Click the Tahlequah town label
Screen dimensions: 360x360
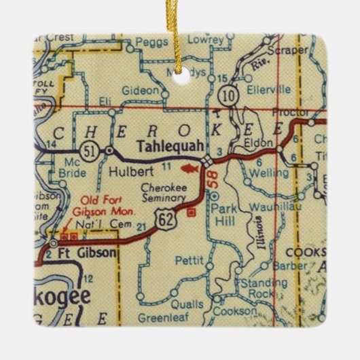coord(163,145)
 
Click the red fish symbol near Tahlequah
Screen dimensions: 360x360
coord(191,165)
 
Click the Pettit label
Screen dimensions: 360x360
coord(185,259)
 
